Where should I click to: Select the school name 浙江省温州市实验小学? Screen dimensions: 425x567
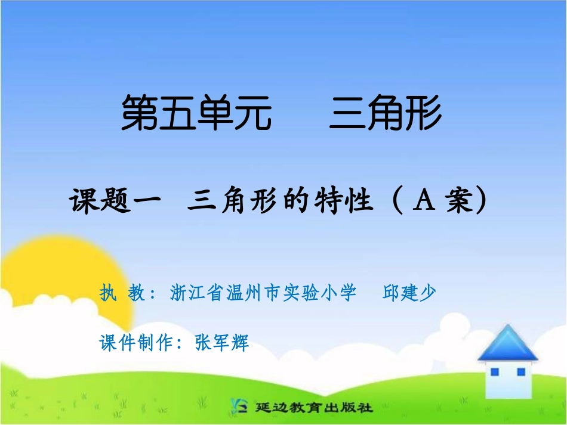pyautogui.click(x=263, y=293)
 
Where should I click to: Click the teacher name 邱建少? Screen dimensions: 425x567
pyautogui.click(x=409, y=293)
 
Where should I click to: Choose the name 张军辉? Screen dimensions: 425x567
pyautogui.click(x=221, y=343)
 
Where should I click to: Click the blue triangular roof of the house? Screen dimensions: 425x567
pyautogui.click(x=508, y=345)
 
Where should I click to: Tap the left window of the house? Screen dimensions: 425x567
pyautogui.click(x=494, y=372)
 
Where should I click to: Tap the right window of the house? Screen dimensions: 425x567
pyautogui.click(x=520, y=372)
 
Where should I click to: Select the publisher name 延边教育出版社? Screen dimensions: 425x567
pyautogui.click(x=313, y=408)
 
